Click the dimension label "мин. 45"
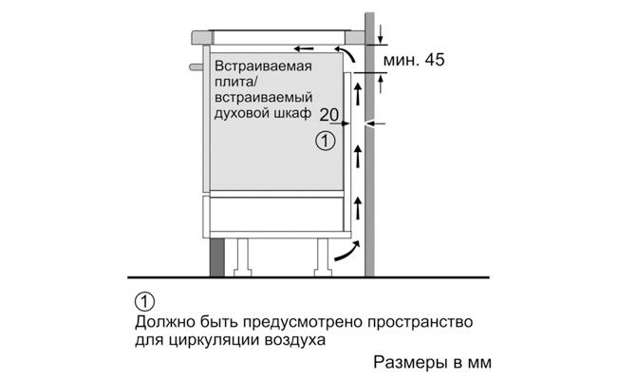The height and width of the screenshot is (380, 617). [414, 60]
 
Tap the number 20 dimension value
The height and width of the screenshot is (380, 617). [329, 115]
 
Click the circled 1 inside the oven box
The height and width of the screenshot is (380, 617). [326, 141]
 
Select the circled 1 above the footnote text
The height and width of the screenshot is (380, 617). [144, 302]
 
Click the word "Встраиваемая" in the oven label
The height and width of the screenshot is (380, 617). [263, 66]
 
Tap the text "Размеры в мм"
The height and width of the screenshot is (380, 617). [433, 362]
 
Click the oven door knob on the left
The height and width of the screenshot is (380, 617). [196, 66]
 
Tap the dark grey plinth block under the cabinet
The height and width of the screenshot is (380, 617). [217, 257]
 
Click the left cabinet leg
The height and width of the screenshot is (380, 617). [242, 257]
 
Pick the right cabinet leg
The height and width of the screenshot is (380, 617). [323, 257]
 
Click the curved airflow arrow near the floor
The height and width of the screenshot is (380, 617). [347, 252]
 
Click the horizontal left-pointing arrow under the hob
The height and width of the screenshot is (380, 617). [304, 48]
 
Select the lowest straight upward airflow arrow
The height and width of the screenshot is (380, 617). [358, 208]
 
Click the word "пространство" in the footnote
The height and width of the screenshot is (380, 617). [420, 323]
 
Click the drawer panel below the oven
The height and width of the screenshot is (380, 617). [276, 214]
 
